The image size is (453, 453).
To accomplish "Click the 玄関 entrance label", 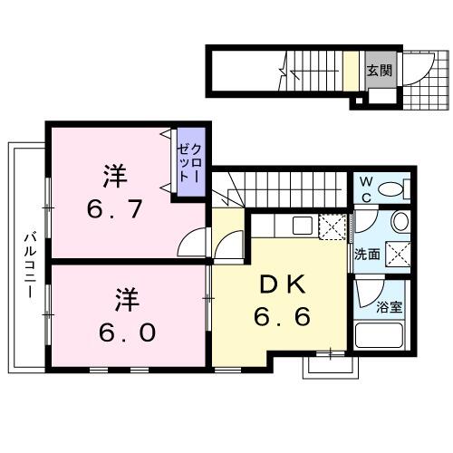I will pos(380,70).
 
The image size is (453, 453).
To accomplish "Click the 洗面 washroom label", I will pos(366,255).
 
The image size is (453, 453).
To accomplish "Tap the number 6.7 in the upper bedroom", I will pos(116,211).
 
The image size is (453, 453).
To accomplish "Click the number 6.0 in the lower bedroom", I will pos(127,332).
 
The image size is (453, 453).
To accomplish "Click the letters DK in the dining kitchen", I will pos(283,284).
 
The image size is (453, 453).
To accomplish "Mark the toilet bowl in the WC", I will pos(392,190).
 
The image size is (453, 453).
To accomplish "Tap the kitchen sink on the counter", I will pos(302,226).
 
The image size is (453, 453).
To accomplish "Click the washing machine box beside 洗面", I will pos(395,255).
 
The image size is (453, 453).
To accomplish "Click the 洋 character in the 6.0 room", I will pos(127,297).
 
